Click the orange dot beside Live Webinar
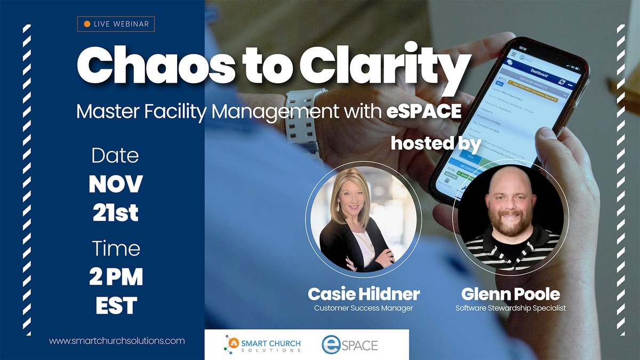(x=86, y=24)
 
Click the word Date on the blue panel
(x=115, y=156)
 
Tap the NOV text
(x=116, y=184)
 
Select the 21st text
(x=116, y=213)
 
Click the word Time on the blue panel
(x=116, y=249)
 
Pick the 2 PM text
(x=116, y=277)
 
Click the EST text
(x=116, y=306)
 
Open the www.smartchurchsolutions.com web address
(x=117, y=340)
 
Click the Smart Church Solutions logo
(x=262, y=344)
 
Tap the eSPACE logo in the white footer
(x=349, y=345)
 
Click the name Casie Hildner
(x=364, y=294)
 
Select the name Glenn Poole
(x=510, y=294)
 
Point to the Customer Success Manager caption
(x=364, y=308)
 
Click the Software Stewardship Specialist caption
(x=510, y=308)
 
